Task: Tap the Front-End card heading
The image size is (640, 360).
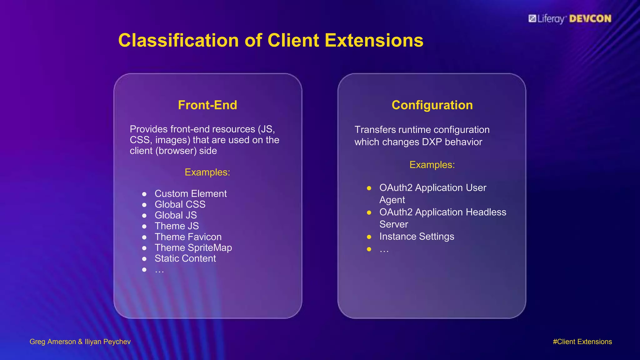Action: point(207,105)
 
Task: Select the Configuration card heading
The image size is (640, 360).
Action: point(432,105)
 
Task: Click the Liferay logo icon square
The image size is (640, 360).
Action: point(532,18)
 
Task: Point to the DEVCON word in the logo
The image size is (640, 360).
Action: point(590,19)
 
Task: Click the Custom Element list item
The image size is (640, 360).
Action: point(190,194)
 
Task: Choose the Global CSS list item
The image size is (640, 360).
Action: point(180,204)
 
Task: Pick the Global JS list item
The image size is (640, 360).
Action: point(176,215)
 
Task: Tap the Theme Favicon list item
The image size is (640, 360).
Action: point(188,237)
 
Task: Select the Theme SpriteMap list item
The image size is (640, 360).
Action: point(193,248)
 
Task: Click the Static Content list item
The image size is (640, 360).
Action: point(185,258)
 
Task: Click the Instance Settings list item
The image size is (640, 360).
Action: point(417,237)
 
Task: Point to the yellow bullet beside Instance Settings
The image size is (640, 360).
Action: point(369,237)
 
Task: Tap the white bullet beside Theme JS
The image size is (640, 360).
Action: point(144,227)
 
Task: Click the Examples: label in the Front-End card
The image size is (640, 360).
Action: point(207,172)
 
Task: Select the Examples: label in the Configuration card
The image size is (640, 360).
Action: point(432,165)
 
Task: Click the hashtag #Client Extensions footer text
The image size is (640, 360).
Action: point(582,342)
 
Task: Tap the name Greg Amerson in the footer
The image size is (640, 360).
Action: point(52,342)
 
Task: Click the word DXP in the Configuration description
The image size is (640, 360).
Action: point(432,142)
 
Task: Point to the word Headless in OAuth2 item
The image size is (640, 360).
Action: point(486,212)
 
